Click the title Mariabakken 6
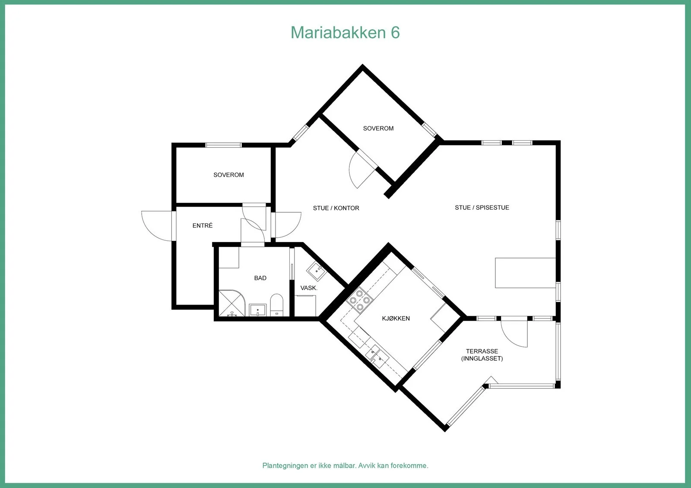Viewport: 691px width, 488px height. click(x=345, y=32)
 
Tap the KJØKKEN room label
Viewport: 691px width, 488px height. click(x=396, y=318)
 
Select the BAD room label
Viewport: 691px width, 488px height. click(x=260, y=278)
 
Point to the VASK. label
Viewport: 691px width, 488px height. click(x=309, y=288)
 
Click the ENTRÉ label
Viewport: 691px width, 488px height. click(x=203, y=225)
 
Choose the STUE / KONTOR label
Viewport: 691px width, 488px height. click(x=336, y=208)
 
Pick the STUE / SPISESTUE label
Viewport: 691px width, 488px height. click(x=482, y=208)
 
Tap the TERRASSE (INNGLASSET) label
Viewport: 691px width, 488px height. click(x=482, y=355)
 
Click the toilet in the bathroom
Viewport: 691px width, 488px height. click(x=276, y=305)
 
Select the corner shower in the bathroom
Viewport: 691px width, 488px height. click(x=231, y=303)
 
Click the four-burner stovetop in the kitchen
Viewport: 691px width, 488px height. click(x=359, y=299)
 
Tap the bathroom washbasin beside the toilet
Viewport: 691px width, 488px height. click(x=257, y=310)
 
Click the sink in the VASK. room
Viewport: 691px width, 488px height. click(x=317, y=271)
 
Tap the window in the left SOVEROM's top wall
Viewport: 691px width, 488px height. click(x=223, y=145)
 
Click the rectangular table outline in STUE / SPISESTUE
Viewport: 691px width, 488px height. click(x=525, y=273)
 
